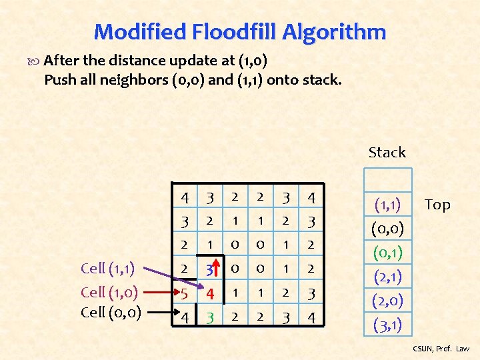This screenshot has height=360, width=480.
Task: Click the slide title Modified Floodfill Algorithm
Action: tap(240, 31)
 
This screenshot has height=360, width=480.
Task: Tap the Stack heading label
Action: tap(387, 152)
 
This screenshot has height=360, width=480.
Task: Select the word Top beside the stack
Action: tap(437, 205)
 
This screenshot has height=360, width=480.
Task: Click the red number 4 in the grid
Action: tap(209, 292)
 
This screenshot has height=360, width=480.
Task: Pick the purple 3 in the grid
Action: tap(208, 270)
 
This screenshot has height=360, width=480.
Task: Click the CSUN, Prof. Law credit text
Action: tap(441, 349)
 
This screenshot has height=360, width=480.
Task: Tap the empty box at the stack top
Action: tap(387, 180)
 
